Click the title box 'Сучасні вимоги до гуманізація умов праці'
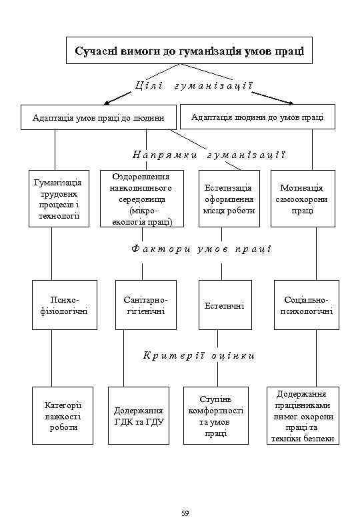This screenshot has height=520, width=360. (x=189, y=51)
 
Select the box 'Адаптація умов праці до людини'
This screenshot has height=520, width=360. (x=99, y=117)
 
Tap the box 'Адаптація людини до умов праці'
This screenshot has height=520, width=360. (x=257, y=117)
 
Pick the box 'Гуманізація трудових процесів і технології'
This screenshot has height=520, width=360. (x=59, y=198)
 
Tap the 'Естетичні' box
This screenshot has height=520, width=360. (x=224, y=305)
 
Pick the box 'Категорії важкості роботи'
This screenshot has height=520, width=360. (x=63, y=415)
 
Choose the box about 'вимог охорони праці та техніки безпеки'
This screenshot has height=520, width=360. (x=302, y=415)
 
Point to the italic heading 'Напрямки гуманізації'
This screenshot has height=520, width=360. (x=209, y=155)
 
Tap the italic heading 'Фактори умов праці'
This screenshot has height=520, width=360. (x=202, y=249)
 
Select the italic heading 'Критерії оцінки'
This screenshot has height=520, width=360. (x=199, y=355)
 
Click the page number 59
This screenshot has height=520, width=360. (x=185, y=512)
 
